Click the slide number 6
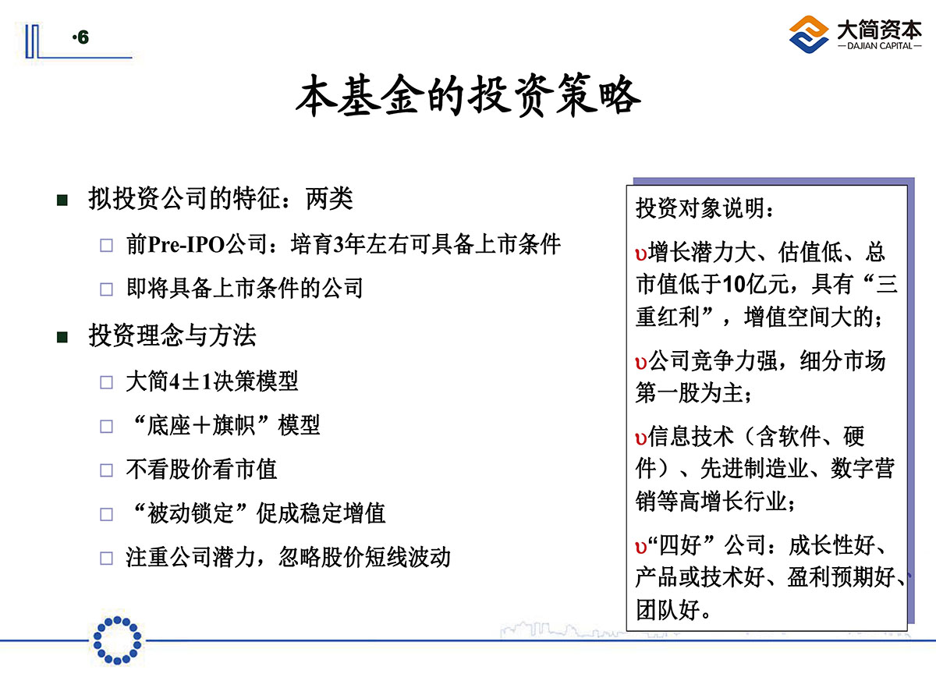click(83, 37)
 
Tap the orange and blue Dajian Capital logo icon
click(809, 34)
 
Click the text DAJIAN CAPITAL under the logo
click(879, 46)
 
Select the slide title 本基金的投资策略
click(468, 95)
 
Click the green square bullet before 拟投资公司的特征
click(62, 200)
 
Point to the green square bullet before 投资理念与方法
click(62, 337)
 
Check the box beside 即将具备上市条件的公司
click(107, 289)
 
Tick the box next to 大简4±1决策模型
click(107, 382)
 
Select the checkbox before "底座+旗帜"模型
click(107, 427)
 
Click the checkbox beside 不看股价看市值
click(107, 470)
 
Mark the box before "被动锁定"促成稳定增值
click(107, 515)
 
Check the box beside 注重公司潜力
click(107, 559)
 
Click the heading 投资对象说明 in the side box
click(701, 207)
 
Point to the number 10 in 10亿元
click(734, 285)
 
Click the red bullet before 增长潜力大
click(640, 254)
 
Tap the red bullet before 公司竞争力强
click(640, 363)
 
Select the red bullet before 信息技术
click(640, 438)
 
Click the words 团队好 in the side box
click(668, 610)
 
